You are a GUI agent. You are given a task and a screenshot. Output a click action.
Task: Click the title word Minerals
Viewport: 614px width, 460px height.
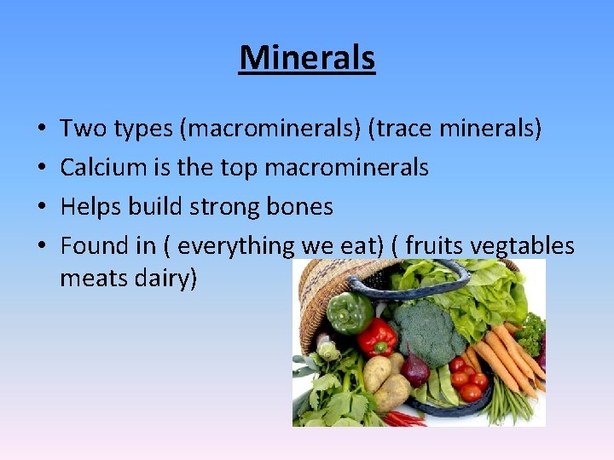pyautogui.click(x=307, y=58)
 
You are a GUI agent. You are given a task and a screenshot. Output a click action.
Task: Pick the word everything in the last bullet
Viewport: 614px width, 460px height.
pyautogui.click(x=235, y=246)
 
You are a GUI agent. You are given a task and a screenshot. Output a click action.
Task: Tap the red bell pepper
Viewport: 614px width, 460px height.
pyautogui.click(x=376, y=337)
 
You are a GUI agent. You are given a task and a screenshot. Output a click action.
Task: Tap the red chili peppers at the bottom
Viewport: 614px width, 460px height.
pyautogui.click(x=404, y=417)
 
